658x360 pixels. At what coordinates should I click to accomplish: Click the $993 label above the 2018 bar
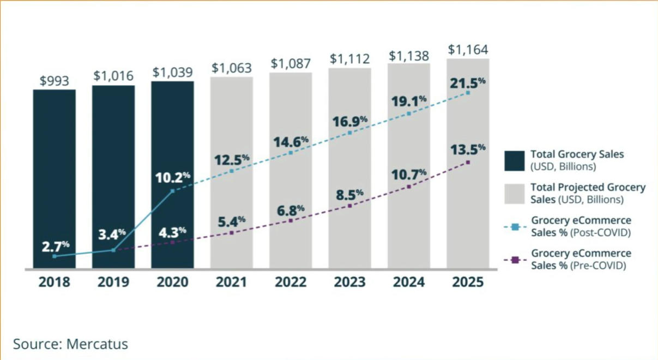tap(54, 81)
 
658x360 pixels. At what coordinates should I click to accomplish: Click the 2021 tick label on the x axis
tap(231, 283)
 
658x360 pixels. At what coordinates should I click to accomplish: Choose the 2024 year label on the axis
tap(409, 283)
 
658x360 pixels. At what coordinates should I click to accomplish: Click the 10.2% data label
tap(172, 177)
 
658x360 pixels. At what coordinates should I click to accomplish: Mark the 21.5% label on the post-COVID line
tap(468, 83)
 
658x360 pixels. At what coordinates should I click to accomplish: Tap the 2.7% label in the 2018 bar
tap(54, 246)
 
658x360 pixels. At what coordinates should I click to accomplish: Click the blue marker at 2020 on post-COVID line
tap(173, 191)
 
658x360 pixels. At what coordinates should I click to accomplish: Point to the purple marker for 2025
tap(468, 162)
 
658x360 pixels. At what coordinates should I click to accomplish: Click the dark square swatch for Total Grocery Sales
tap(514, 160)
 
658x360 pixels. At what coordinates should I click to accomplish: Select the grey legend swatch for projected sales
tap(514, 193)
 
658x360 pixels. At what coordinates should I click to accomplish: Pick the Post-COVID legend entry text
tap(581, 226)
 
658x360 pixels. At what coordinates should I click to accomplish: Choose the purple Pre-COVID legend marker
tap(515, 260)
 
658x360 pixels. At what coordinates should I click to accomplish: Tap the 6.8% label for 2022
tap(290, 210)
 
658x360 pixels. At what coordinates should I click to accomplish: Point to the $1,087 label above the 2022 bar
tap(291, 63)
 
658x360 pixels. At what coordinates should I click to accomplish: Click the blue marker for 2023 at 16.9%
tap(349, 133)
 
